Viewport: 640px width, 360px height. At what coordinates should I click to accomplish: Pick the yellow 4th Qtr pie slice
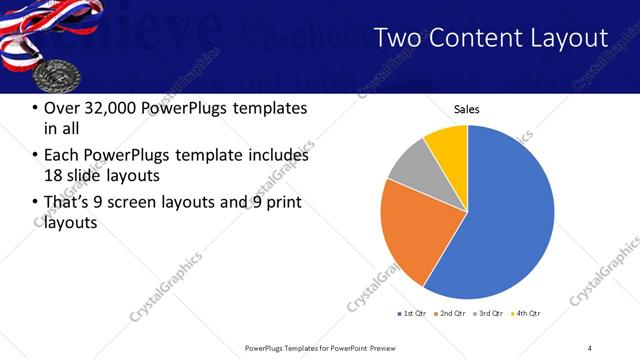coord(448,145)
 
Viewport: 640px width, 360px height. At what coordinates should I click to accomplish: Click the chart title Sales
coord(467,108)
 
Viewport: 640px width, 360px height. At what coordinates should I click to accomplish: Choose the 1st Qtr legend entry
coord(412,314)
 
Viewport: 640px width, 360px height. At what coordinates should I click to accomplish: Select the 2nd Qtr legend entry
coord(451,314)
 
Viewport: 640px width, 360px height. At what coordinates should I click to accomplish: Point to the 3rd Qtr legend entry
coord(490,314)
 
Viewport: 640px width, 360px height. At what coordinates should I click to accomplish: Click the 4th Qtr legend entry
coord(528,314)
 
